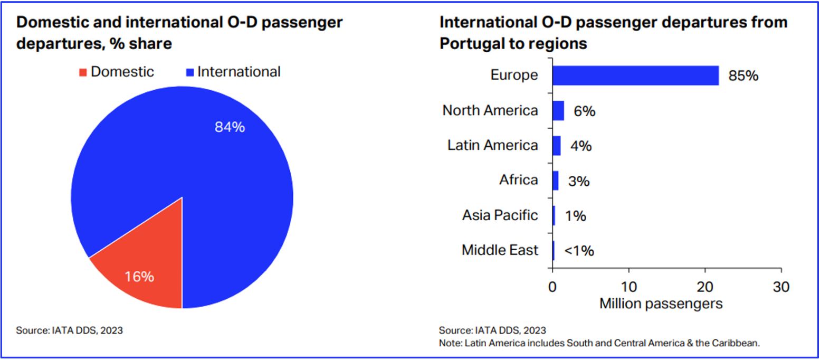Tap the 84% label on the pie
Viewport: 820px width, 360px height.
pyautogui.click(x=230, y=127)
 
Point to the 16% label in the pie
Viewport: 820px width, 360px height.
pyautogui.click(x=139, y=277)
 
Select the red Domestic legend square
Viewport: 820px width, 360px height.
pyautogui.click(x=82, y=72)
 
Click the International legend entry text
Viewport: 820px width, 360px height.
pyautogui.click(x=239, y=72)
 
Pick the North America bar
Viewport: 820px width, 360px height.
pyautogui.click(x=558, y=111)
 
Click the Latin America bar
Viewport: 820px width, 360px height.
pyautogui.click(x=556, y=146)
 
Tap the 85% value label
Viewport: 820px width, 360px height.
pyautogui.click(x=743, y=76)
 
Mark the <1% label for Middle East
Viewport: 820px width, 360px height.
pyautogui.click(x=579, y=251)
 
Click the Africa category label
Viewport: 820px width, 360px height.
pyautogui.click(x=519, y=180)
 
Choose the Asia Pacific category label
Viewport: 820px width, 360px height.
pyautogui.click(x=500, y=215)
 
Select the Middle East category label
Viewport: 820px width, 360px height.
pyautogui.click(x=500, y=250)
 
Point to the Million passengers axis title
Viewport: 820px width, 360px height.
pyautogui.click(x=661, y=304)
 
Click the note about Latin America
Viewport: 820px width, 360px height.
pyautogui.click(x=599, y=343)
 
